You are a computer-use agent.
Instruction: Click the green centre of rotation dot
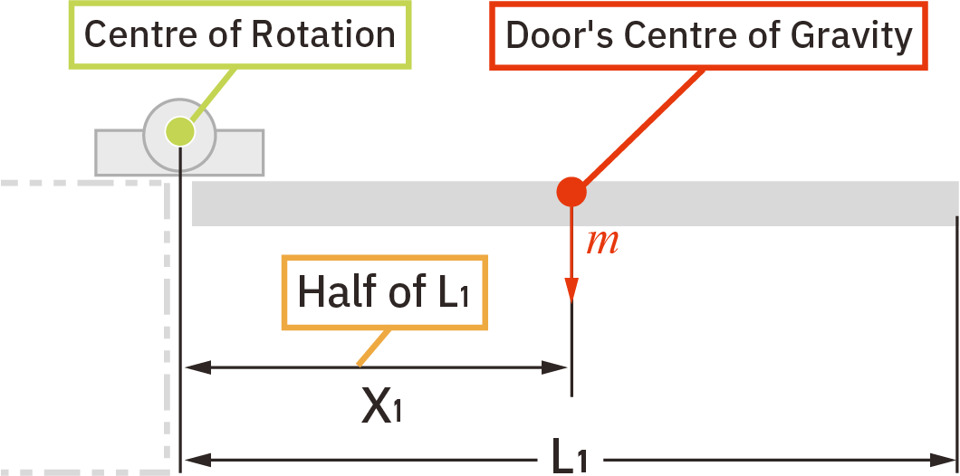click(x=180, y=132)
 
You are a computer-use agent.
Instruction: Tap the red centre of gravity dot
click(x=571, y=192)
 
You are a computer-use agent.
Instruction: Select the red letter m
click(x=602, y=242)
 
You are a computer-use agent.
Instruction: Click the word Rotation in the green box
click(x=323, y=34)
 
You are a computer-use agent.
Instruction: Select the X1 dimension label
click(x=381, y=407)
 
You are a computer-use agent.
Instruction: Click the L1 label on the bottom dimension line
click(x=571, y=458)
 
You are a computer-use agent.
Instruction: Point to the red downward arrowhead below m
click(x=571, y=289)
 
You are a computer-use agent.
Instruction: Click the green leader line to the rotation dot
click(x=214, y=94)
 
